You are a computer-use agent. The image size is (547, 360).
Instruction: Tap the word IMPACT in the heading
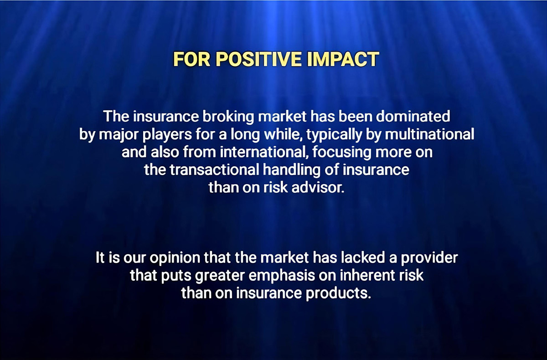coord(343,59)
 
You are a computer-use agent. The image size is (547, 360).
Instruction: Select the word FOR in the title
coord(192,59)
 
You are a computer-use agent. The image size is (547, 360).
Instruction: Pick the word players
coord(167,135)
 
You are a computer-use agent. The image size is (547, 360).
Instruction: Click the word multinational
coord(429,134)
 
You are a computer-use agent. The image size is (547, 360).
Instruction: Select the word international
coord(264,152)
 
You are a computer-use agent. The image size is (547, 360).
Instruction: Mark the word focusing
coord(341,153)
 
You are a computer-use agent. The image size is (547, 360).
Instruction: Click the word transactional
coord(214,170)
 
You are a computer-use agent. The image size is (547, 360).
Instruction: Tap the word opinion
coord(175,258)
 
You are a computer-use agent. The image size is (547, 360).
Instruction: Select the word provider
coord(429,258)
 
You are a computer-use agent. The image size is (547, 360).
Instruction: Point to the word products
coord(338,293)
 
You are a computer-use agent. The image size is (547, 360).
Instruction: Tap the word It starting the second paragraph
coord(100,258)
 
